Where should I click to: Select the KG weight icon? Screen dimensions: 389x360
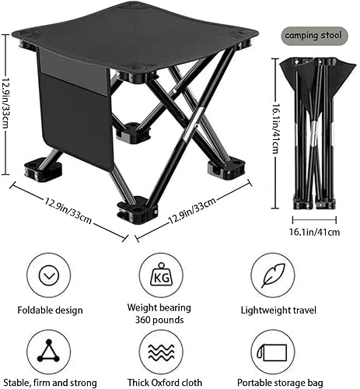point(162,275)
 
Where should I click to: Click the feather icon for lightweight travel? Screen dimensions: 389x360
point(271,275)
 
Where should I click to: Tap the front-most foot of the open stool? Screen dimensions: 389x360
point(136,210)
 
